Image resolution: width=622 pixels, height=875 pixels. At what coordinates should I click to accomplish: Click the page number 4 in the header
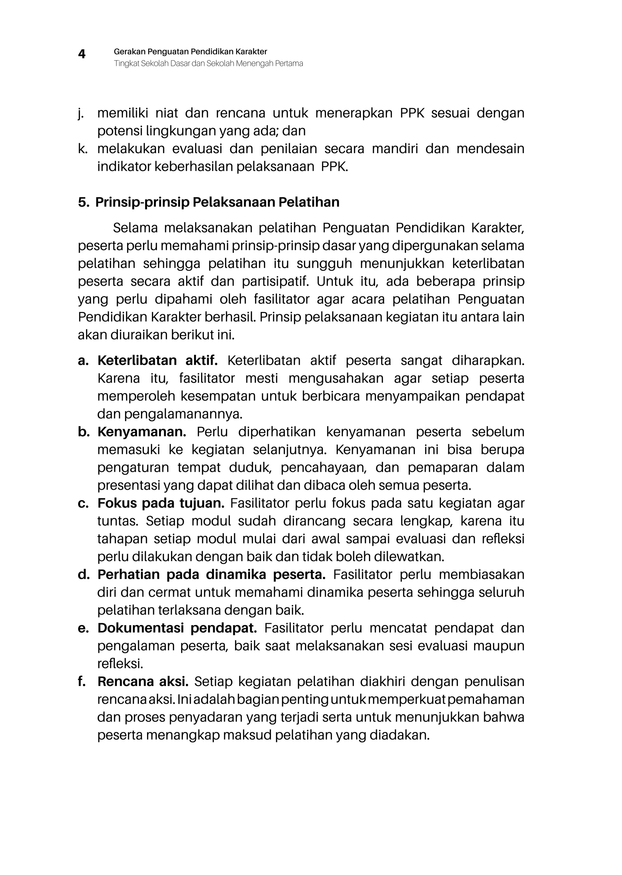(82, 54)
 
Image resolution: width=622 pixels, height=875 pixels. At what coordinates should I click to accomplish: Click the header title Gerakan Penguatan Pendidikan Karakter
(190, 51)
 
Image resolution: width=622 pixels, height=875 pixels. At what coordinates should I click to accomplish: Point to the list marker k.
(82, 149)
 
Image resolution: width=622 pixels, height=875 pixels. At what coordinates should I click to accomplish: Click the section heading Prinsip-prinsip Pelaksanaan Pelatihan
(217, 202)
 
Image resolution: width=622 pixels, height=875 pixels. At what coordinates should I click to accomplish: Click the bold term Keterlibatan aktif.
(157, 361)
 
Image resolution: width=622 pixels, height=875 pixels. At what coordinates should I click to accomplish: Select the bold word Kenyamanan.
(142, 432)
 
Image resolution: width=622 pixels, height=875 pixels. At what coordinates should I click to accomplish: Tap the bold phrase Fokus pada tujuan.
(161, 503)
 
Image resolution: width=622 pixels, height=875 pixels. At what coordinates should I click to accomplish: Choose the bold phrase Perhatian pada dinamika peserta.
(211, 574)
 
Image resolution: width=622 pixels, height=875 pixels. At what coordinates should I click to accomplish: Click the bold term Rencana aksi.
(143, 681)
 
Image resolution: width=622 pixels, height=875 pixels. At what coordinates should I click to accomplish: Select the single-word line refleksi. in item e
(120, 663)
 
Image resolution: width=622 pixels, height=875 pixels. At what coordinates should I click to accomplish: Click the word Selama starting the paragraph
(135, 228)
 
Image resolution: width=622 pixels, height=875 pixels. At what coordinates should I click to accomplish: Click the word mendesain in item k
(490, 149)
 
